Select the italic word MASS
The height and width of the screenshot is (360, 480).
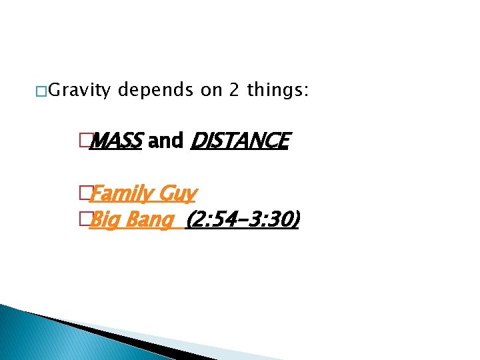point(115,141)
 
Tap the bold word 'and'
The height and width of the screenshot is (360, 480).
point(166,141)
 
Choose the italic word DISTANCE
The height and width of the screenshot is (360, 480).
point(240,141)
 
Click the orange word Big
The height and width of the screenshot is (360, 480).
point(102,219)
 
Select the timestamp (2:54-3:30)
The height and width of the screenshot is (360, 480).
point(243,219)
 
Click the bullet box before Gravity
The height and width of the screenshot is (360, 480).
point(41,90)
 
